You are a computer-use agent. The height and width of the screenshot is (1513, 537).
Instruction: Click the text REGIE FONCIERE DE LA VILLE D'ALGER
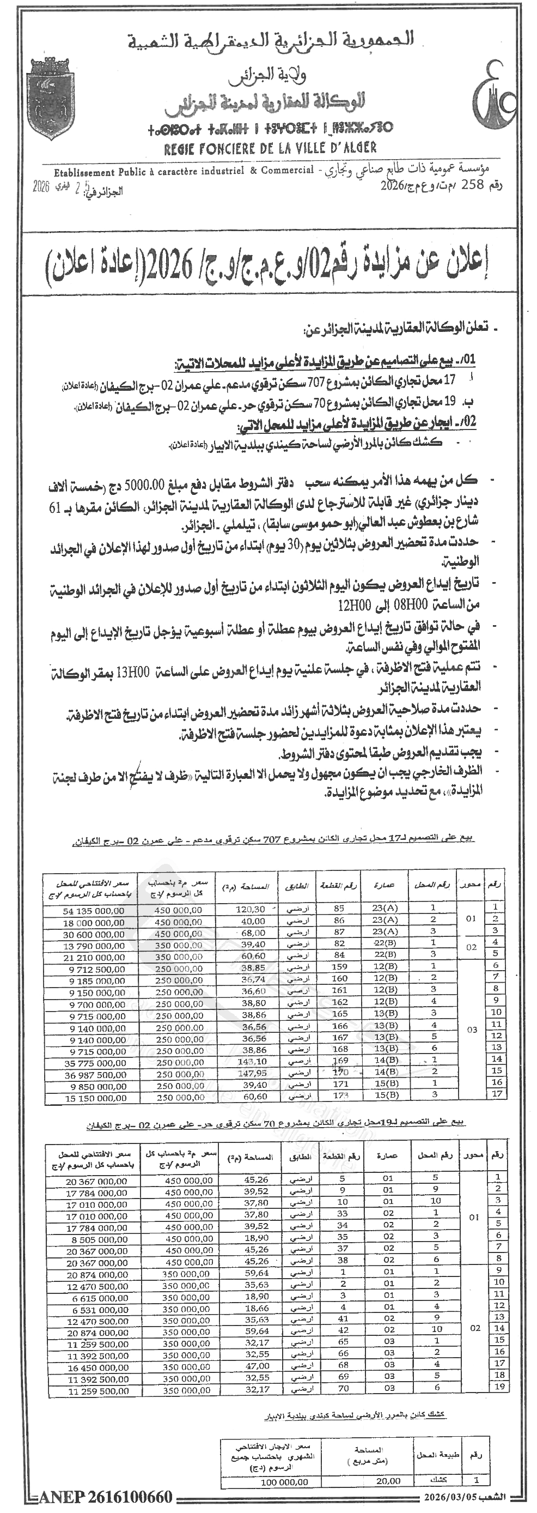pos(271,148)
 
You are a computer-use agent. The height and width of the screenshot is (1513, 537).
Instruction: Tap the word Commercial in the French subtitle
pos(285,171)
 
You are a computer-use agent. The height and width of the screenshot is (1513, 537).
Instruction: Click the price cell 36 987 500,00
pos(95,1075)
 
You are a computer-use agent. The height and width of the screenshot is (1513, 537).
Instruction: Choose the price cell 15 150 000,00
pos(95,1097)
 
